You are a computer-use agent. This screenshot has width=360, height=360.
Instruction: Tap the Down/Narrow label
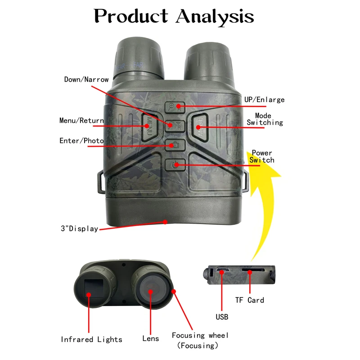86,80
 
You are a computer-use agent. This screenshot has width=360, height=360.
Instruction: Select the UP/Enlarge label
264,99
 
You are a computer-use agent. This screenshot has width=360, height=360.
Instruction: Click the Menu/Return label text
81,121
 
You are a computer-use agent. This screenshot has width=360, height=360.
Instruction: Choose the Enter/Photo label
81,141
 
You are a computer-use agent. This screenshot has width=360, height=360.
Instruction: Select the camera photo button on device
174,145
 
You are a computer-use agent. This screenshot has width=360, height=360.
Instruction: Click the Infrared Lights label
91,339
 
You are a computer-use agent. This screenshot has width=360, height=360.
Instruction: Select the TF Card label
249,300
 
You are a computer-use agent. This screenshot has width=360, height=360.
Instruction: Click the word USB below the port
221,317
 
